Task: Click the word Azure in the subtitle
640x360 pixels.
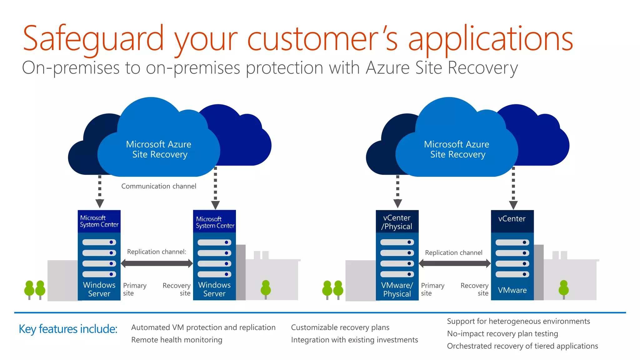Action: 387,67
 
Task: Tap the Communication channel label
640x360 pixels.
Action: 158,186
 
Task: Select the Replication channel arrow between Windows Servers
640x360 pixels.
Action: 157,263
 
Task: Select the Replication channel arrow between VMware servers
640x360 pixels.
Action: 455,263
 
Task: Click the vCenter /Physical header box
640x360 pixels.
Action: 397,222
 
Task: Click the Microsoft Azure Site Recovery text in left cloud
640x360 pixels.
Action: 159,149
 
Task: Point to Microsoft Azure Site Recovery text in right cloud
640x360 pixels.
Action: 457,149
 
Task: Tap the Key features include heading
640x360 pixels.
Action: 68,329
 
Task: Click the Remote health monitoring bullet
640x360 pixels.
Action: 177,340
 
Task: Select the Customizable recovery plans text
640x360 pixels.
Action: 340,327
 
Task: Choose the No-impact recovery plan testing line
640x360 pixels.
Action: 502,333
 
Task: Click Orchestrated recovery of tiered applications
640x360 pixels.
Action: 522,346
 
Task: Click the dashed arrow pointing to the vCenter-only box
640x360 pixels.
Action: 513,187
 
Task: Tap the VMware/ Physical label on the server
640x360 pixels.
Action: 397,289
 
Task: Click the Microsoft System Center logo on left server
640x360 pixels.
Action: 99,221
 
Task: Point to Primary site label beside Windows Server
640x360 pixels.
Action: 134,289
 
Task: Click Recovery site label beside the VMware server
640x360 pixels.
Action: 474,289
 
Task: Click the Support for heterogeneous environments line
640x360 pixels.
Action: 518,321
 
